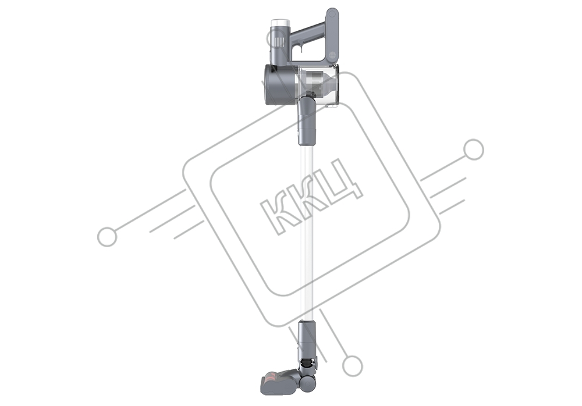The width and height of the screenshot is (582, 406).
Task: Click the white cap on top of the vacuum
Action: click(281, 23)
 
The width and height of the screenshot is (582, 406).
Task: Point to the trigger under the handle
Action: click(301, 48)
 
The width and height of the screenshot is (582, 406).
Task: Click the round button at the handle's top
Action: click(332, 15)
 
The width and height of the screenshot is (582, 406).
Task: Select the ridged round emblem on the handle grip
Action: click(332, 55)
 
